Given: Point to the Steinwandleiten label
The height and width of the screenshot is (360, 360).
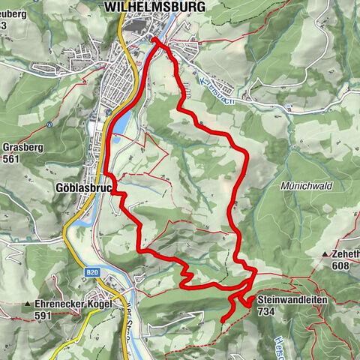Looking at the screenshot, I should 289,298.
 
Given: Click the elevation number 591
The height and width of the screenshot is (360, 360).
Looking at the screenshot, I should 43,316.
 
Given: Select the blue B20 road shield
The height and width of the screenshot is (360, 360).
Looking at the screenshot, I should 92,272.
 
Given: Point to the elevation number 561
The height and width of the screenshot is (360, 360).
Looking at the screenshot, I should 11,158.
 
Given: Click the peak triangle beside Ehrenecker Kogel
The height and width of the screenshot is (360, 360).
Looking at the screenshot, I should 28,304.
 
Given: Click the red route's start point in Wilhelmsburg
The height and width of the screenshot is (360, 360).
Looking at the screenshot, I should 154,40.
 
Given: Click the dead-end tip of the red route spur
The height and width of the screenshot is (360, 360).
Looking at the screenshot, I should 223,320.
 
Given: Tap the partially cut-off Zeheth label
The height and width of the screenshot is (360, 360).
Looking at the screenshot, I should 346,255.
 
